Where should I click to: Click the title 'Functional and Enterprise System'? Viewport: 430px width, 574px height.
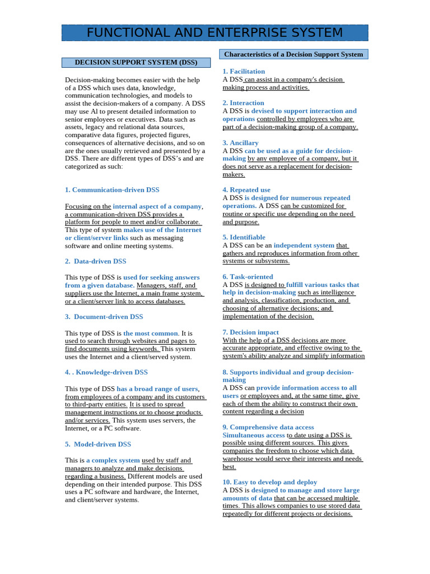pos(214,33)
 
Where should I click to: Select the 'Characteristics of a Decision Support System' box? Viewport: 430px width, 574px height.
pos(293,54)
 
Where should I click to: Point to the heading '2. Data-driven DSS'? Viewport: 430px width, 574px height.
pos(96,261)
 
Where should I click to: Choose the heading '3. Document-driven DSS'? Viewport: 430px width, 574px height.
pos(104,317)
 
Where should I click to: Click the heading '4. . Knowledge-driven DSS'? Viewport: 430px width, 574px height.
pos(106,372)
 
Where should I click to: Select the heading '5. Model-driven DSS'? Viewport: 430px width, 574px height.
pos(98,445)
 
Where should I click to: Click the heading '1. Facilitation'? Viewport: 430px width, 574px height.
pos(244,72)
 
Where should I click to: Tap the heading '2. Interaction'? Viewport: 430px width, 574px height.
pos(243,103)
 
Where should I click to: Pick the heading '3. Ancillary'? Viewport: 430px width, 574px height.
pos(240,143)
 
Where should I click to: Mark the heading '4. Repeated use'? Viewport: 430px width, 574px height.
pos(246,190)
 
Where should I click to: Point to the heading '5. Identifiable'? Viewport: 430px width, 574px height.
pos(244,238)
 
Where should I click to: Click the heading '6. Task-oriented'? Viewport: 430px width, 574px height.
pos(247,277)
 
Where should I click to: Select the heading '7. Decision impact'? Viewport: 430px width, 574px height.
pos(250,332)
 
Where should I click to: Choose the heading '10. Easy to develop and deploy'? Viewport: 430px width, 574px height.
pos(269,482)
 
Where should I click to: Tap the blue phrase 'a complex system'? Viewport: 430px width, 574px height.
pos(113,461)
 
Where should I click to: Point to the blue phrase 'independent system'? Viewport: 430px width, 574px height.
pos(304,246)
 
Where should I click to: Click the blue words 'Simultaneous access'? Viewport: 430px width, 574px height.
pos(254,436)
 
